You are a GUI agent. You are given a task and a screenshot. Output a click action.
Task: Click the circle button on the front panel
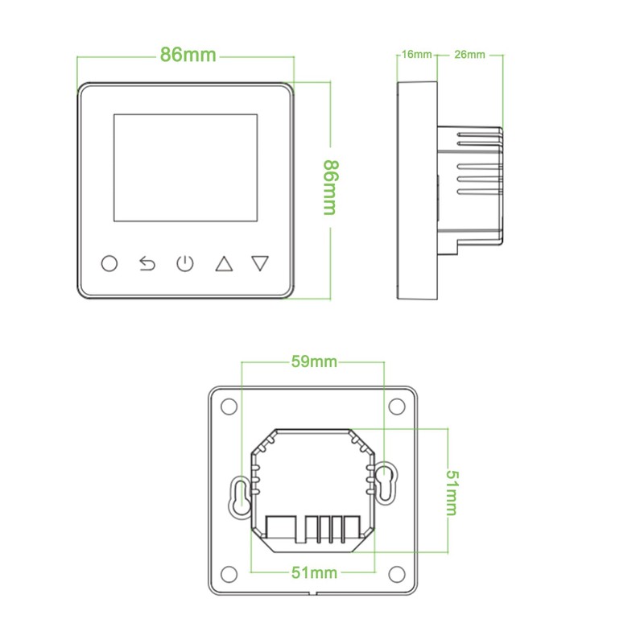pyautogui.click(x=109, y=263)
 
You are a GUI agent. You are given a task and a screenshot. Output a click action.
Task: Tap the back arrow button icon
pyautogui.click(x=147, y=263)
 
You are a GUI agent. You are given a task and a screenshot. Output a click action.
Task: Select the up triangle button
pyautogui.click(x=223, y=263)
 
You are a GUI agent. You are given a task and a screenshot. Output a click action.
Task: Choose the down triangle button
pyautogui.click(x=259, y=263)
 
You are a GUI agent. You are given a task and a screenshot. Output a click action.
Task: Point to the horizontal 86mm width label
pyautogui.click(x=188, y=55)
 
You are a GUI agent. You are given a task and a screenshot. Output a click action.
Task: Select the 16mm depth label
pyautogui.click(x=416, y=55)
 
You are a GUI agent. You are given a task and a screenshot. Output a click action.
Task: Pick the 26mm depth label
pyautogui.click(x=469, y=55)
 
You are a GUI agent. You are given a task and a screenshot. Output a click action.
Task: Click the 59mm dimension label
pyautogui.click(x=313, y=362)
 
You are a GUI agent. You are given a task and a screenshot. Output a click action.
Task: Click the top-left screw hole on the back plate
pyautogui.click(x=230, y=407)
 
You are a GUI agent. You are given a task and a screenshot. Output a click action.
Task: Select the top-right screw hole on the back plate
pyautogui.click(x=397, y=407)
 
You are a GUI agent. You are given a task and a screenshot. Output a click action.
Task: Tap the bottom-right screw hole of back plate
pyautogui.click(x=397, y=572)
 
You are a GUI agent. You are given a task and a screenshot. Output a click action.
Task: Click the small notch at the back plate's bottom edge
pyautogui.click(x=314, y=594)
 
